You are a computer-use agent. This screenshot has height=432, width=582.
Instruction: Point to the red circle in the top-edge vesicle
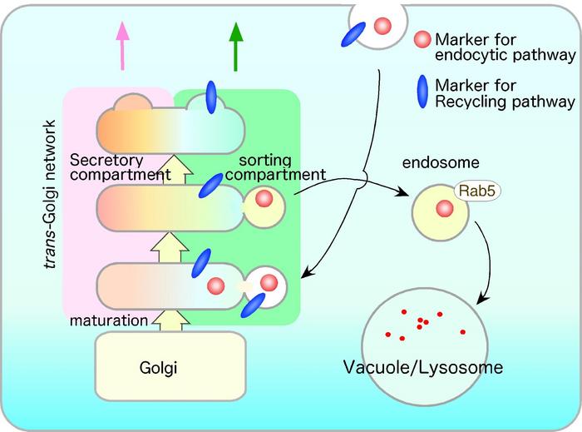382,26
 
